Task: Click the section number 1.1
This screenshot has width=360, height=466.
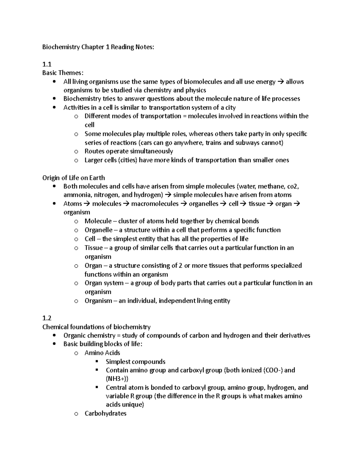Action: [47, 64]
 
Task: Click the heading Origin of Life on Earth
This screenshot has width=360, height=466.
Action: [73, 178]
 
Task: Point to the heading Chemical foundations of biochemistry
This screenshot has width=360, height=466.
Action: [96, 327]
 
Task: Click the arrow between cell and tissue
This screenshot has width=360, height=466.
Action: [243, 204]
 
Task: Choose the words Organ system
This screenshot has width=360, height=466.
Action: [104, 283]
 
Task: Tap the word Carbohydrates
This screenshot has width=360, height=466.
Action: [105, 413]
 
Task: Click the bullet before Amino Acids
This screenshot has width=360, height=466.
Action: [76, 353]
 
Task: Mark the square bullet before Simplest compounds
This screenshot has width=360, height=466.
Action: [97, 361]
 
